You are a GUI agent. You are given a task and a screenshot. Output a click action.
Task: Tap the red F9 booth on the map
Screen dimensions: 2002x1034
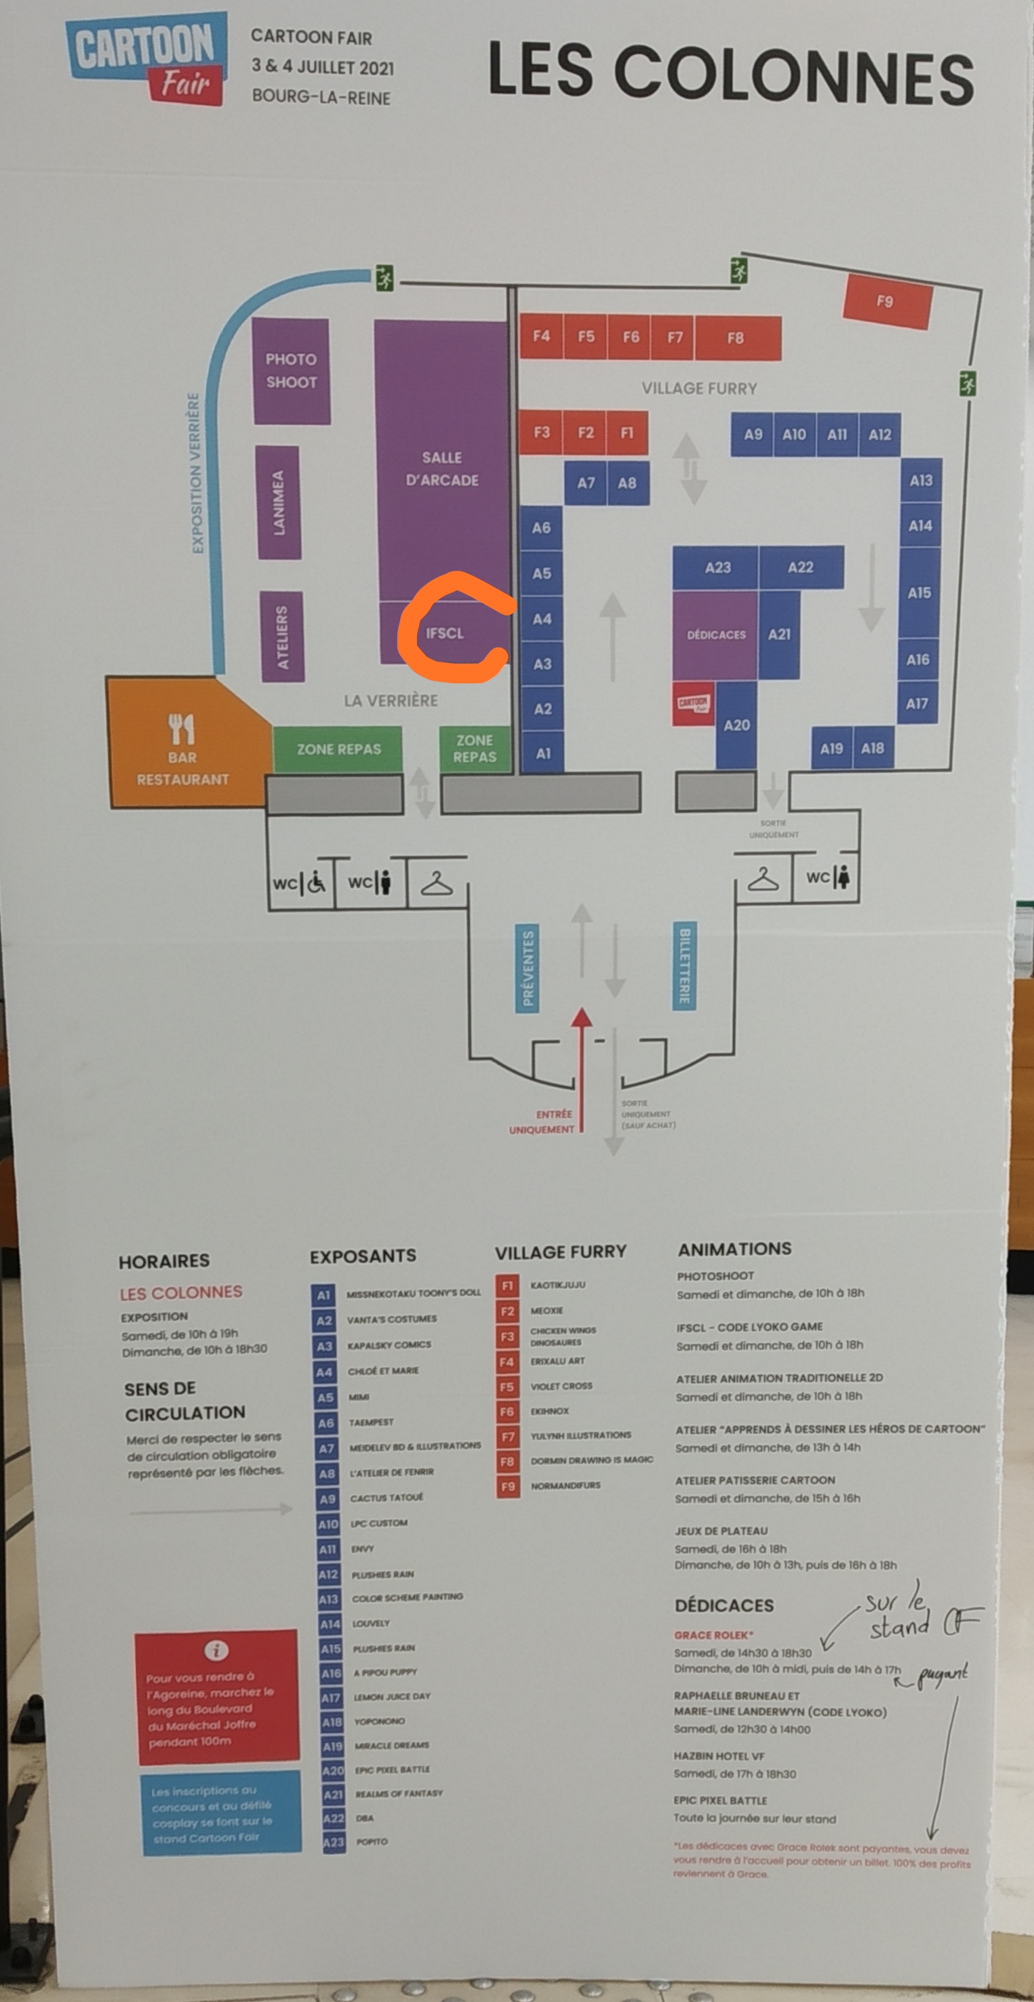tap(886, 302)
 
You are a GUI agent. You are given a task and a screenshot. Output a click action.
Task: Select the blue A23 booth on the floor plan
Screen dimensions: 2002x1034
tap(717, 567)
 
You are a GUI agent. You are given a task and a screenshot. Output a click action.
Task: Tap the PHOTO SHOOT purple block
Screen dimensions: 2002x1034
tap(291, 371)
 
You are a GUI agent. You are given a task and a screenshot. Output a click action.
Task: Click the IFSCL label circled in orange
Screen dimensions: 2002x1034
tap(445, 633)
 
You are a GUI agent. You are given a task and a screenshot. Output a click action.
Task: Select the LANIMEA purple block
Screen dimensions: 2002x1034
tap(278, 502)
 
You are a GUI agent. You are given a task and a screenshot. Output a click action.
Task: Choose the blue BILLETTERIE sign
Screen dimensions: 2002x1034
tap(684, 965)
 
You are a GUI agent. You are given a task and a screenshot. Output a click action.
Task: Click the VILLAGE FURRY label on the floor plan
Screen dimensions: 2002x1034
tap(699, 388)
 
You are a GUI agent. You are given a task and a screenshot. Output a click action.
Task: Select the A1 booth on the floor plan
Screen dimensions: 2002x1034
tap(542, 753)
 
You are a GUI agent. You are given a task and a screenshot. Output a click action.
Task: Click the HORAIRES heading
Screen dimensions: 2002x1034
tap(164, 1260)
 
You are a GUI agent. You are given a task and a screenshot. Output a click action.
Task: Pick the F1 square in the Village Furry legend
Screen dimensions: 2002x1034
tap(507, 1286)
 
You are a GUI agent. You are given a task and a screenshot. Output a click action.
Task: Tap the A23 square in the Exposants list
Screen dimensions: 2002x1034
tap(334, 1842)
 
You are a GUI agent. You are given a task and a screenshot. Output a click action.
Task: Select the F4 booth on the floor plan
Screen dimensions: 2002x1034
tap(541, 336)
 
